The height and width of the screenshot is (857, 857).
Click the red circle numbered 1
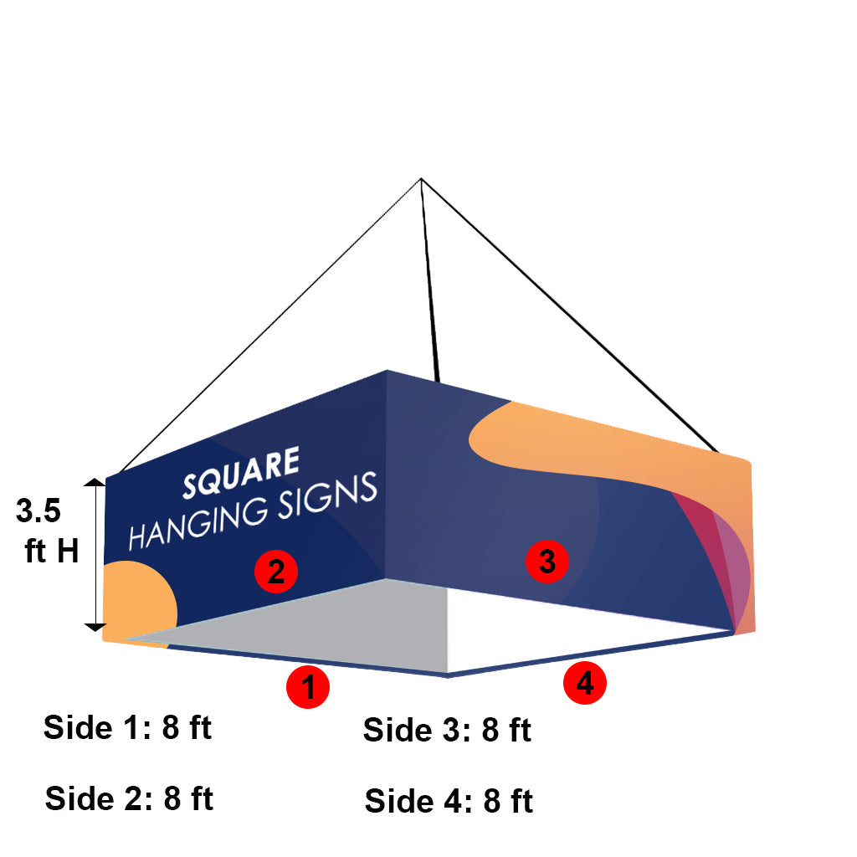coord(308,687)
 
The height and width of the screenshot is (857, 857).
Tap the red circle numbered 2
coord(276,572)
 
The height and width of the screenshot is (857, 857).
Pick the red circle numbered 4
coord(584,684)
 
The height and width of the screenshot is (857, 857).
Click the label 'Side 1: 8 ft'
coord(127,728)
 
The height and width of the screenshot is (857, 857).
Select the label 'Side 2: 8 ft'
coord(129,798)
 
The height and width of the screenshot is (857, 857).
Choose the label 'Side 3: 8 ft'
coord(447,731)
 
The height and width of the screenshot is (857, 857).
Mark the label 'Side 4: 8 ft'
coord(449,802)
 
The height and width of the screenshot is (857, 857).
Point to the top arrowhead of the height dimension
coord(95,483)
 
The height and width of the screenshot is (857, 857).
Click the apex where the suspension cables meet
coord(421,179)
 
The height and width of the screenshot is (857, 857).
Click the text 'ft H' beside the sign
coord(52,551)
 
